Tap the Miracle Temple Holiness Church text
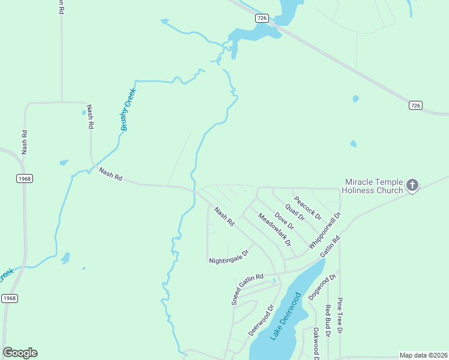point(373,186)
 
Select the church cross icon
point(412,185)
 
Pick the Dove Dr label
point(284,221)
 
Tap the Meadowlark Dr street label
point(274,230)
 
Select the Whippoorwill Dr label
point(325,231)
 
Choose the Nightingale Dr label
point(229,257)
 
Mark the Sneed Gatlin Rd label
point(247,289)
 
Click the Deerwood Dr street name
point(261,320)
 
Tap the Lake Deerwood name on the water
point(285,316)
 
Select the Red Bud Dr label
point(328,320)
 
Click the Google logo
point(20,353)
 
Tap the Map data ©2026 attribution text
point(423,355)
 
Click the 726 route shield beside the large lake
point(261,18)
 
